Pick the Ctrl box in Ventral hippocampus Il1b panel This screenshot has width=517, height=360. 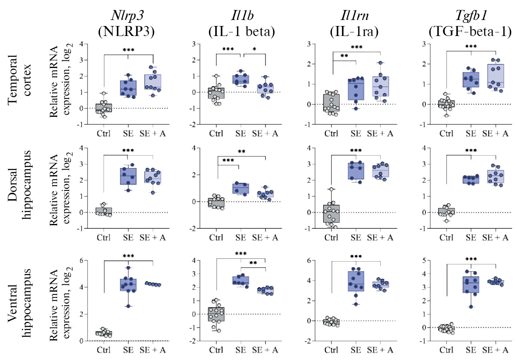[x=216, y=314]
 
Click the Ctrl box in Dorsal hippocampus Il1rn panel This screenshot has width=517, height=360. [x=332, y=214]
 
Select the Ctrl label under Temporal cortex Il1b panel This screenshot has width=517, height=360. [x=216, y=133]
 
